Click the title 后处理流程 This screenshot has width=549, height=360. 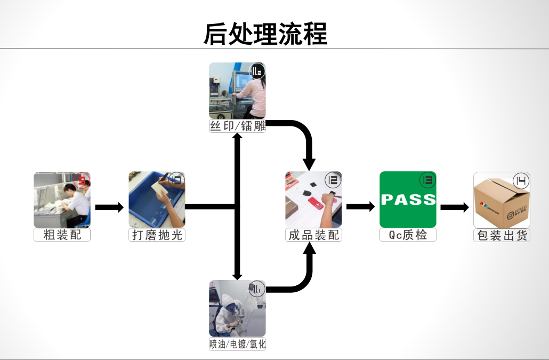(x=265, y=34)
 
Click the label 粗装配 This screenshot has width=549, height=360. (x=62, y=235)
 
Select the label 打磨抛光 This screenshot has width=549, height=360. (x=157, y=235)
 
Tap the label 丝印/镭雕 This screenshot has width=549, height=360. (x=237, y=126)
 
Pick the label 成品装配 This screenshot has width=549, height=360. (x=313, y=235)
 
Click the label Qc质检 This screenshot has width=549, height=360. (x=408, y=235)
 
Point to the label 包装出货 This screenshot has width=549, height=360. (x=502, y=235)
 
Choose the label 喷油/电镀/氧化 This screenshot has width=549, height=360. (x=237, y=344)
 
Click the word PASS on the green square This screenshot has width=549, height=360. (x=408, y=200)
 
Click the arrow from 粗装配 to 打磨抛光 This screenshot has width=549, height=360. (x=109, y=207)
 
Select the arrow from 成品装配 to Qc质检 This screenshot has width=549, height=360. (x=360, y=207)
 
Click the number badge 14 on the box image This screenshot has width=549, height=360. (x=521, y=181)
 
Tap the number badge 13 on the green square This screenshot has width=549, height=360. (x=427, y=180)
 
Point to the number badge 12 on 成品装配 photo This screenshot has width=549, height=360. (x=333, y=180)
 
